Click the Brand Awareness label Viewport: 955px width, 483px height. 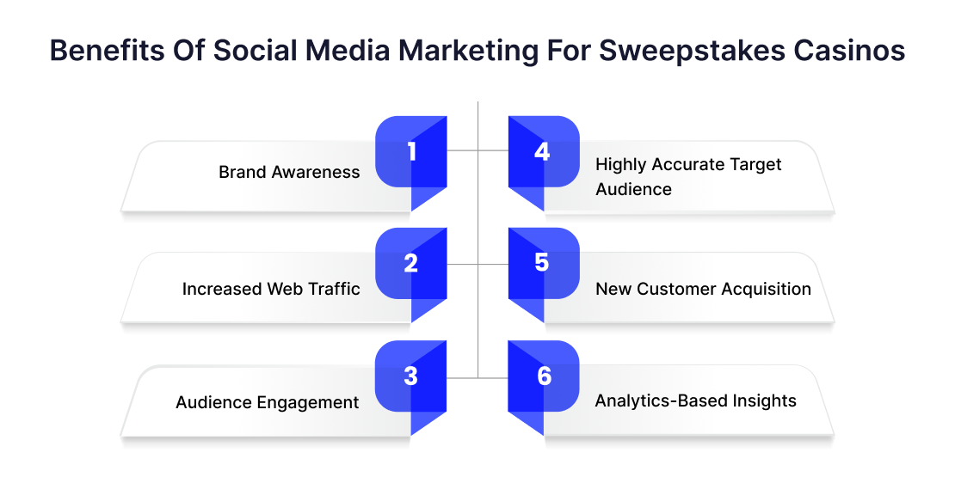(x=289, y=172)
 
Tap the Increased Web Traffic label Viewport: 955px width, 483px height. (x=271, y=289)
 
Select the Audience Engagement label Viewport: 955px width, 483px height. (x=268, y=403)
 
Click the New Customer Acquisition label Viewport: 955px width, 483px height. (x=704, y=289)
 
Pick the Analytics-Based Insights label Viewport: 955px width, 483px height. (x=695, y=400)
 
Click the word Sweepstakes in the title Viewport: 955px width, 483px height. (x=692, y=51)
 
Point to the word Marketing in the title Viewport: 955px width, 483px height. (x=468, y=51)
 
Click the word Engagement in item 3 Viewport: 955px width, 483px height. (x=308, y=403)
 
